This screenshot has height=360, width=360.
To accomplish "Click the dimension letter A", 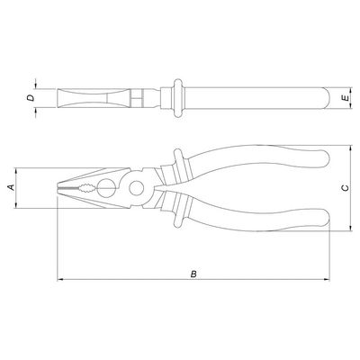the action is [11, 187].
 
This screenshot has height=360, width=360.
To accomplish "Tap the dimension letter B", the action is [194, 274].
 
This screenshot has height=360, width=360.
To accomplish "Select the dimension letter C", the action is [346, 188].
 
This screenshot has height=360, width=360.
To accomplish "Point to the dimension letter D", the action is [31, 98].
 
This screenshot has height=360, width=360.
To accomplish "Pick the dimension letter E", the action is [346, 98].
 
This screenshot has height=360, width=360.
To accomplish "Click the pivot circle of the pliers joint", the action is [137, 188].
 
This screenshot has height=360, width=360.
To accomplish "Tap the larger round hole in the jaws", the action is [106, 188].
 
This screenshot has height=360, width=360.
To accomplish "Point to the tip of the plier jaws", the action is [58, 188].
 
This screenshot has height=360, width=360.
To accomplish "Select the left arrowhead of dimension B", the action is [59, 280].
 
